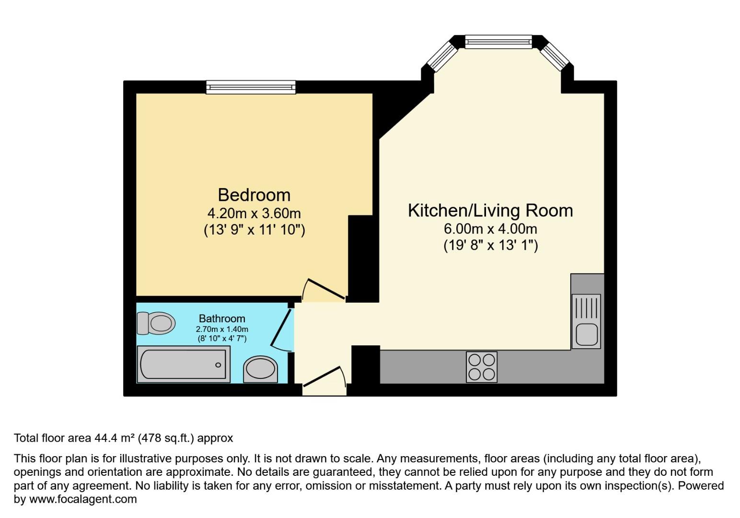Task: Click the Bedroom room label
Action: pyautogui.click(x=254, y=195)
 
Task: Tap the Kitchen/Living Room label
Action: pyautogui.click(x=490, y=211)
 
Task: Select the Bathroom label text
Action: pyautogui.click(x=222, y=318)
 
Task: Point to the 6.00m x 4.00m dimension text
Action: pyautogui.click(x=490, y=228)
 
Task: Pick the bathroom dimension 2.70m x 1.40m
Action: pyautogui.click(x=222, y=329)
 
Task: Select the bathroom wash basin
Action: pyautogui.click(x=260, y=370)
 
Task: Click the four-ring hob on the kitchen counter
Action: pyautogui.click(x=482, y=367)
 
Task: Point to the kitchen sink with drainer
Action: pyautogui.click(x=586, y=321)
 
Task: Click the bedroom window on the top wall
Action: pyautogui.click(x=251, y=87)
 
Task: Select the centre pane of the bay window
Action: pyautogui.click(x=498, y=42)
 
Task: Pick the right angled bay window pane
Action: pyautogui.click(x=555, y=56)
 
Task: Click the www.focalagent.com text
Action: pyautogui.click(x=83, y=499)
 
